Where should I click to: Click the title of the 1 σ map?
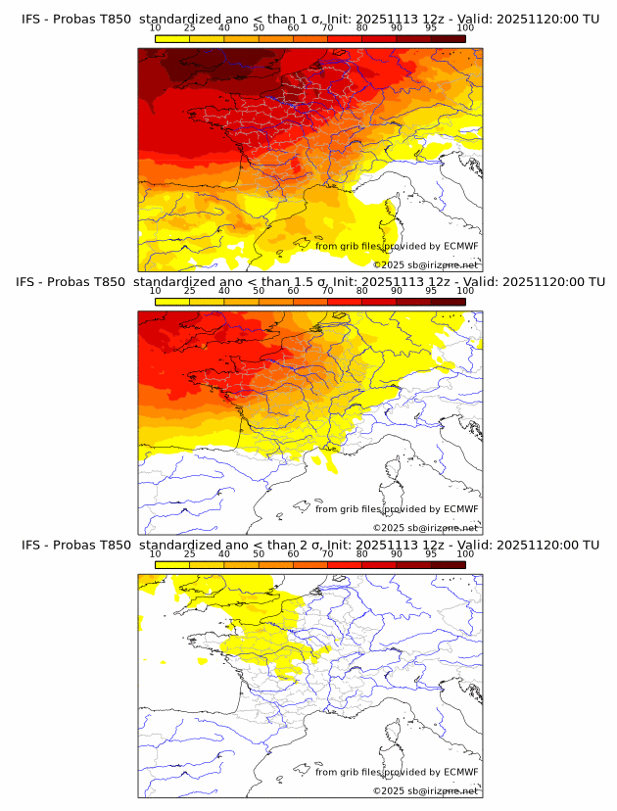[309, 19]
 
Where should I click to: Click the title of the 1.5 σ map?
[309, 282]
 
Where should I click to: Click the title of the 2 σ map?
[309, 545]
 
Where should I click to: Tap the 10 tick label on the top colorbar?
[155, 27]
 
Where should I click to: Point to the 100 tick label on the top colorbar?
[465, 27]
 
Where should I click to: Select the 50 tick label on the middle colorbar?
[259, 291]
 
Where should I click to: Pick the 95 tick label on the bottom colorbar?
[431, 553]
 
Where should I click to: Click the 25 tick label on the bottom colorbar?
[189, 553]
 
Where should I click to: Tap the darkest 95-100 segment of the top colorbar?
[448, 38]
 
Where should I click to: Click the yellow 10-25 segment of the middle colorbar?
[172, 302]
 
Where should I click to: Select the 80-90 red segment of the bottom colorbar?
[379, 564]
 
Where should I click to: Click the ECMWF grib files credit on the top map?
[397, 246]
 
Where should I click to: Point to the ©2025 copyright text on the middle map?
[425, 528]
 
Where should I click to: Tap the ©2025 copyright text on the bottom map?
[425, 790]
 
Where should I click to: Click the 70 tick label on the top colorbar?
[327, 27]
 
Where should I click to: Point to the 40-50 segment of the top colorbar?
[241, 38]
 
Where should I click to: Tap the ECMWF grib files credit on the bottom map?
[397, 772]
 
